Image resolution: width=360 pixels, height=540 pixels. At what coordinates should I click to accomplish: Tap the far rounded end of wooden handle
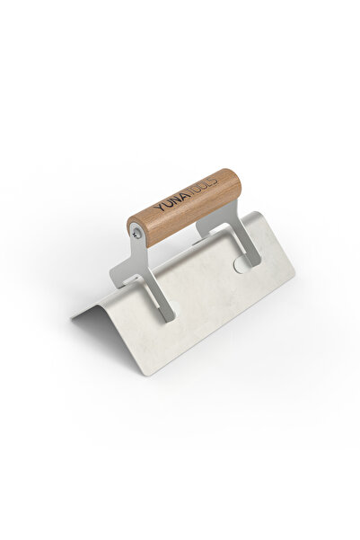(236, 183)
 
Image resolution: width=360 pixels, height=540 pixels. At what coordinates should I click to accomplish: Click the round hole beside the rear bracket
(240, 266)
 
